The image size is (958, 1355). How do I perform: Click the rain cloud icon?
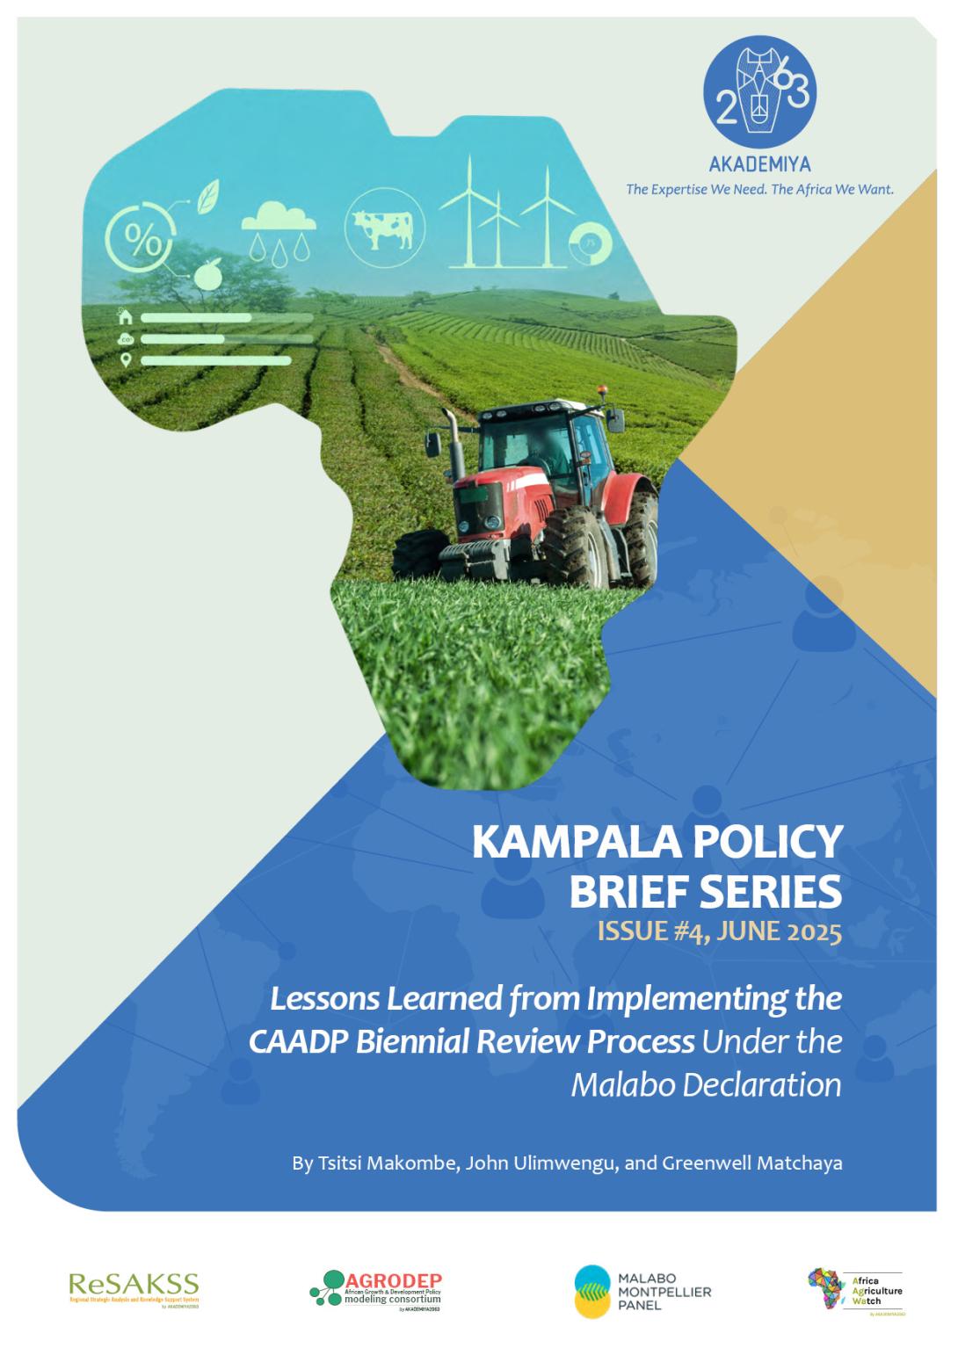click(x=278, y=228)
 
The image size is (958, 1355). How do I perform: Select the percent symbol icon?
click(x=138, y=237)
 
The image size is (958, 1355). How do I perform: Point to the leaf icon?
click(x=208, y=196)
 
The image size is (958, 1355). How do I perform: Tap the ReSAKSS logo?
click(x=134, y=1289)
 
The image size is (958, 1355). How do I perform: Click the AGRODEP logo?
click(x=376, y=1290)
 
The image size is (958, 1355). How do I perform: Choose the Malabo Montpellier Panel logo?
click(x=642, y=1291)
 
